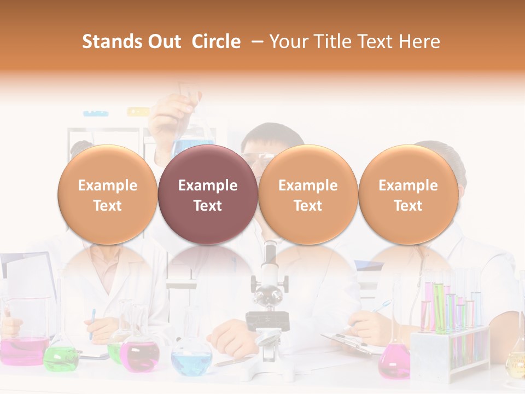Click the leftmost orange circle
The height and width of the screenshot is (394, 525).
pyautogui.click(x=107, y=194)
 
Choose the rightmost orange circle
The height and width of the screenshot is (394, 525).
pyautogui.click(x=408, y=194)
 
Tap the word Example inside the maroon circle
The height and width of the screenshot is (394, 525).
pyautogui.click(x=207, y=186)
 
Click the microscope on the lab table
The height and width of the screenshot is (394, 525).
pyautogui.click(x=267, y=312)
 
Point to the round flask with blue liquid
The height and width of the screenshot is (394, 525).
pyautogui.click(x=191, y=358)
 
